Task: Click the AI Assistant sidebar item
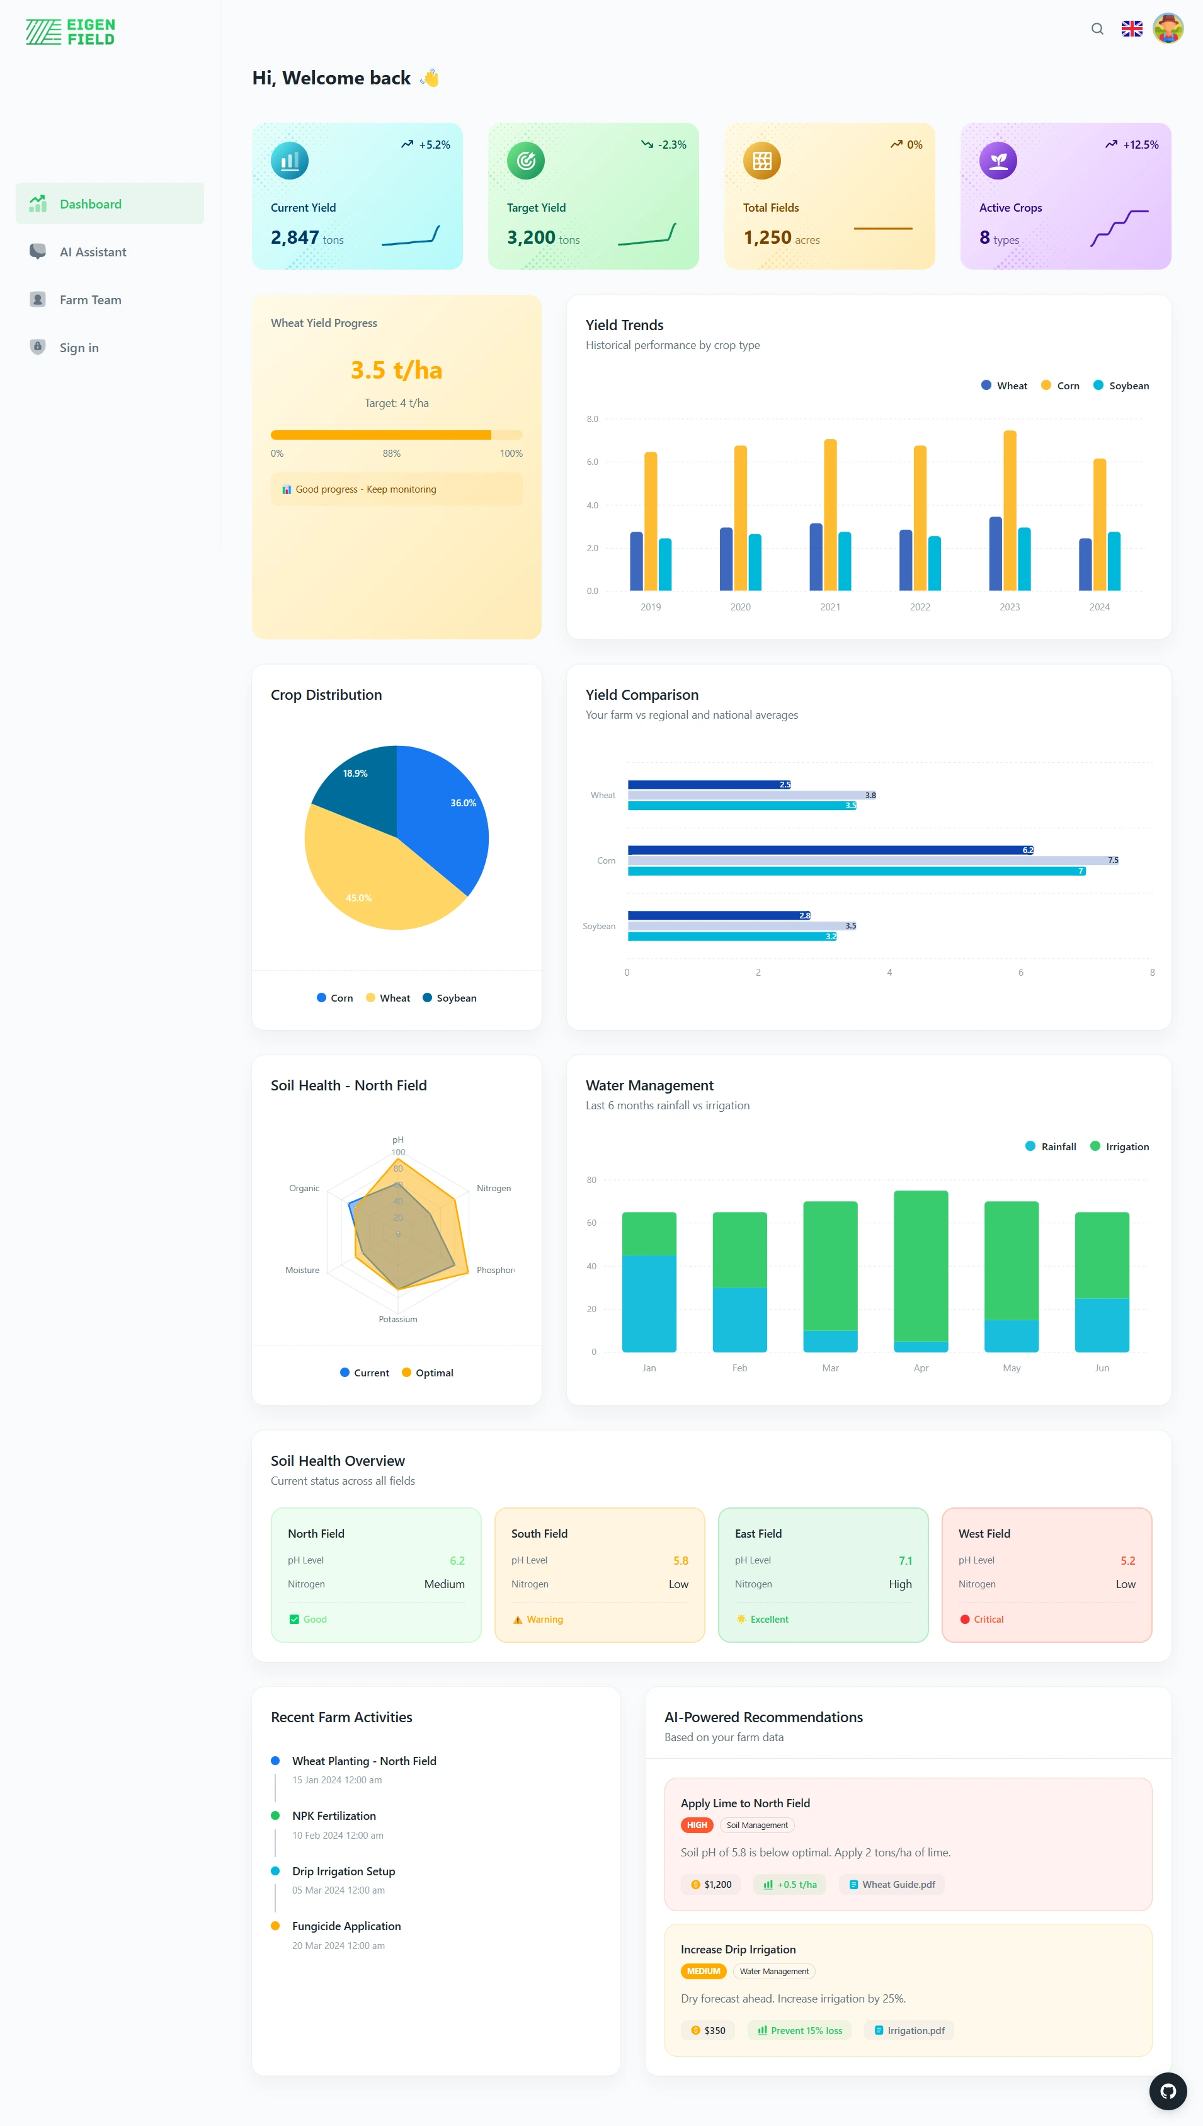(93, 252)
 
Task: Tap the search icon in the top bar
(1097, 29)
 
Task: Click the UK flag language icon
(1131, 29)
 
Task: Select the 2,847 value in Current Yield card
(294, 238)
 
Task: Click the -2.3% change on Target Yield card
(671, 145)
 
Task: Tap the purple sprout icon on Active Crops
(997, 160)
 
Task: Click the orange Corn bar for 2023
(1010, 512)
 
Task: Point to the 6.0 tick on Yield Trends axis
(593, 462)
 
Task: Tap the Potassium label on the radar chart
(397, 1320)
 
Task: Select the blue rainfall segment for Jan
(649, 1303)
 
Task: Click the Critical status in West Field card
(988, 1620)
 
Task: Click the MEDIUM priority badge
(702, 1972)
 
